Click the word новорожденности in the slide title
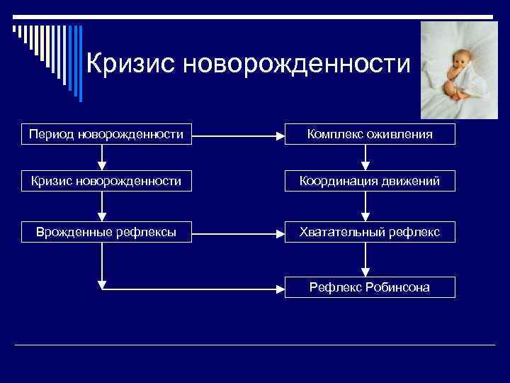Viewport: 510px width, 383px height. tap(297, 65)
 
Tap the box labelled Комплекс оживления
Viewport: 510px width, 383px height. tap(370, 133)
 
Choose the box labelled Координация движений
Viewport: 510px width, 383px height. tap(370, 182)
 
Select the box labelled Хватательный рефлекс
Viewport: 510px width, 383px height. tap(370, 231)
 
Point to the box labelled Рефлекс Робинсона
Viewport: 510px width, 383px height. tap(370, 287)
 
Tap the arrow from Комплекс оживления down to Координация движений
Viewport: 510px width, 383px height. tap(365, 157)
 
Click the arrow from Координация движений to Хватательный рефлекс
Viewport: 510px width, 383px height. tap(365, 206)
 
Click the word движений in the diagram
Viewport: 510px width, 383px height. tap(407, 182)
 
